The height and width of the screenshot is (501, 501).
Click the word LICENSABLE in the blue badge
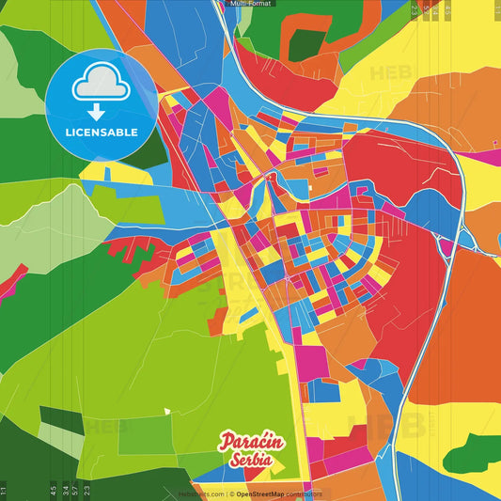[x=101, y=131]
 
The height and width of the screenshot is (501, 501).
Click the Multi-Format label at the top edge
[x=250, y=5]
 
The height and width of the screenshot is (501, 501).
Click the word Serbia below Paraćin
[x=250, y=461]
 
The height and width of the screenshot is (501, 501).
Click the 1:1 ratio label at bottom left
[x=5, y=490]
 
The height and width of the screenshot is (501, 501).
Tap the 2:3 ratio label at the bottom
[x=87, y=490]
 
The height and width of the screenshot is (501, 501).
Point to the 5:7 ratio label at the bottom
[x=75, y=490]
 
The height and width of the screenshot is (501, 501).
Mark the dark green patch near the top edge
[x=305, y=43]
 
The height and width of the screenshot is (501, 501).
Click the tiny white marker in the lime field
[x=166, y=410]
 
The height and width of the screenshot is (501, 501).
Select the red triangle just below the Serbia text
[x=259, y=479]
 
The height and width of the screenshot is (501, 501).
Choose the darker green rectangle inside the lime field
[x=146, y=434]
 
